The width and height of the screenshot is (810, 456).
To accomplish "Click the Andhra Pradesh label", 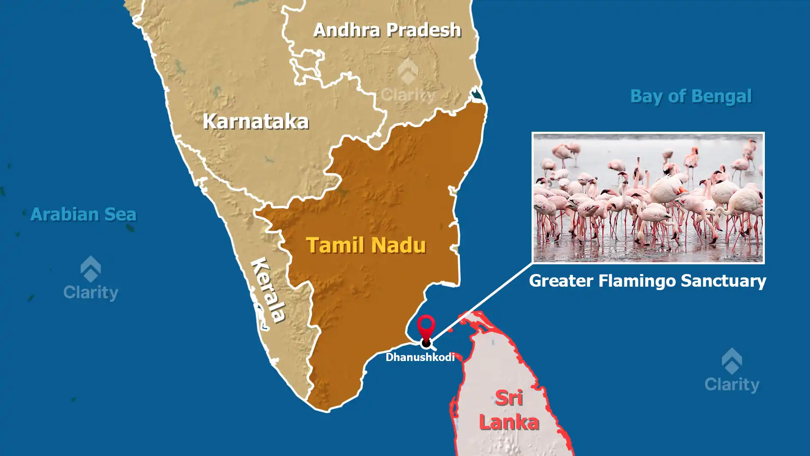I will click(x=387, y=30).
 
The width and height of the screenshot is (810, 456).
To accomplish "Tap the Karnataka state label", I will click(x=256, y=122).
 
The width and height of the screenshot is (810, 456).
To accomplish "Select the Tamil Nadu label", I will click(x=366, y=245).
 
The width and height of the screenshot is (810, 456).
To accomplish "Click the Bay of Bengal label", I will click(x=691, y=96).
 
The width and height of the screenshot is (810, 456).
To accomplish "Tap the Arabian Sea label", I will click(x=84, y=214).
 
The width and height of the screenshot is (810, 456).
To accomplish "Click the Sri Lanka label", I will click(x=509, y=410).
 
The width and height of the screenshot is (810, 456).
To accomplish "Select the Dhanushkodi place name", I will click(x=420, y=357).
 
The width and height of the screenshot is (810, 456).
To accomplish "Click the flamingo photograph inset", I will click(x=648, y=198).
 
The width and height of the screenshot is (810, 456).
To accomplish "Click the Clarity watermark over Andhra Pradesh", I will click(x=408, y=82).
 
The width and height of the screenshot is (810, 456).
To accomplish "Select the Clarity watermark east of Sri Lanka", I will click(x=732, y=372).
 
